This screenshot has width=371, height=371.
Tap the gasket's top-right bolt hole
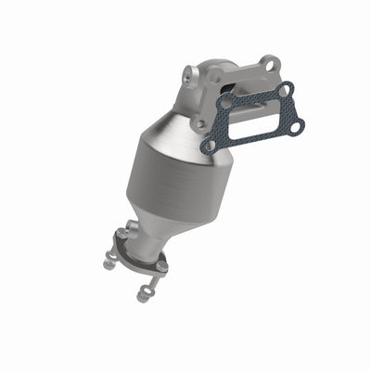(x=286, y=89)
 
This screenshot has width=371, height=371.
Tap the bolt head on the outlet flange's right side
(x=161, y=266)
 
